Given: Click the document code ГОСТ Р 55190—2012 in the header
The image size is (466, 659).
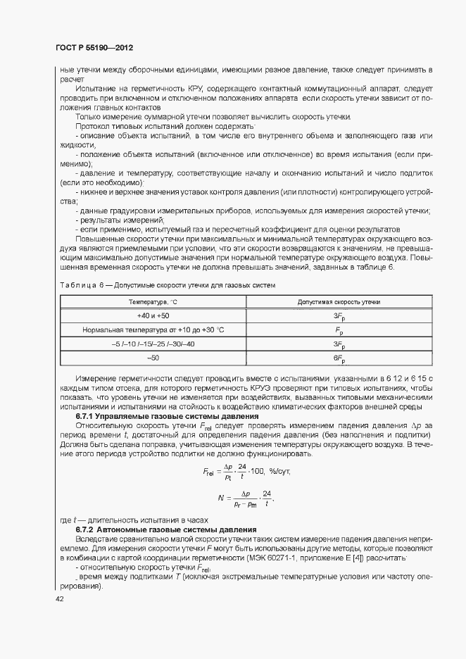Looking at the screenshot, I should click(x=94, y=48).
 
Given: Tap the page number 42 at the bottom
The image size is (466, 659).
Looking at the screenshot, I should click(x=60, y=598).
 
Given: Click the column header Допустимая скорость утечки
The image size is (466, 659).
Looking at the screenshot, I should click(x=339, y=301).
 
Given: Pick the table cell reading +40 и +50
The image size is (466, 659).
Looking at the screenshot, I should click(x=153, y=315).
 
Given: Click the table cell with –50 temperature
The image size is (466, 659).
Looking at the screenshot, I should click(x=153, y=358).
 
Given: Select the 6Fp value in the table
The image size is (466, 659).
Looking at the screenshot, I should click(x=339, y=358).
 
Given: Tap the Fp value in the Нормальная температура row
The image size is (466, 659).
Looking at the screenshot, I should click(x=339, y=330).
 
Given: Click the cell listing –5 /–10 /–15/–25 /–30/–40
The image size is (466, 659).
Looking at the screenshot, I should click(x=153, y=344).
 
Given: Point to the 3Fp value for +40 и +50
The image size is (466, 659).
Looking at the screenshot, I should click(x=339, y=316).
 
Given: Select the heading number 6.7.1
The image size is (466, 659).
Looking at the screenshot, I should click(x=86, y=417).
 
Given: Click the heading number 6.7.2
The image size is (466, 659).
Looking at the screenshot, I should click(x=86, y=529).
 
